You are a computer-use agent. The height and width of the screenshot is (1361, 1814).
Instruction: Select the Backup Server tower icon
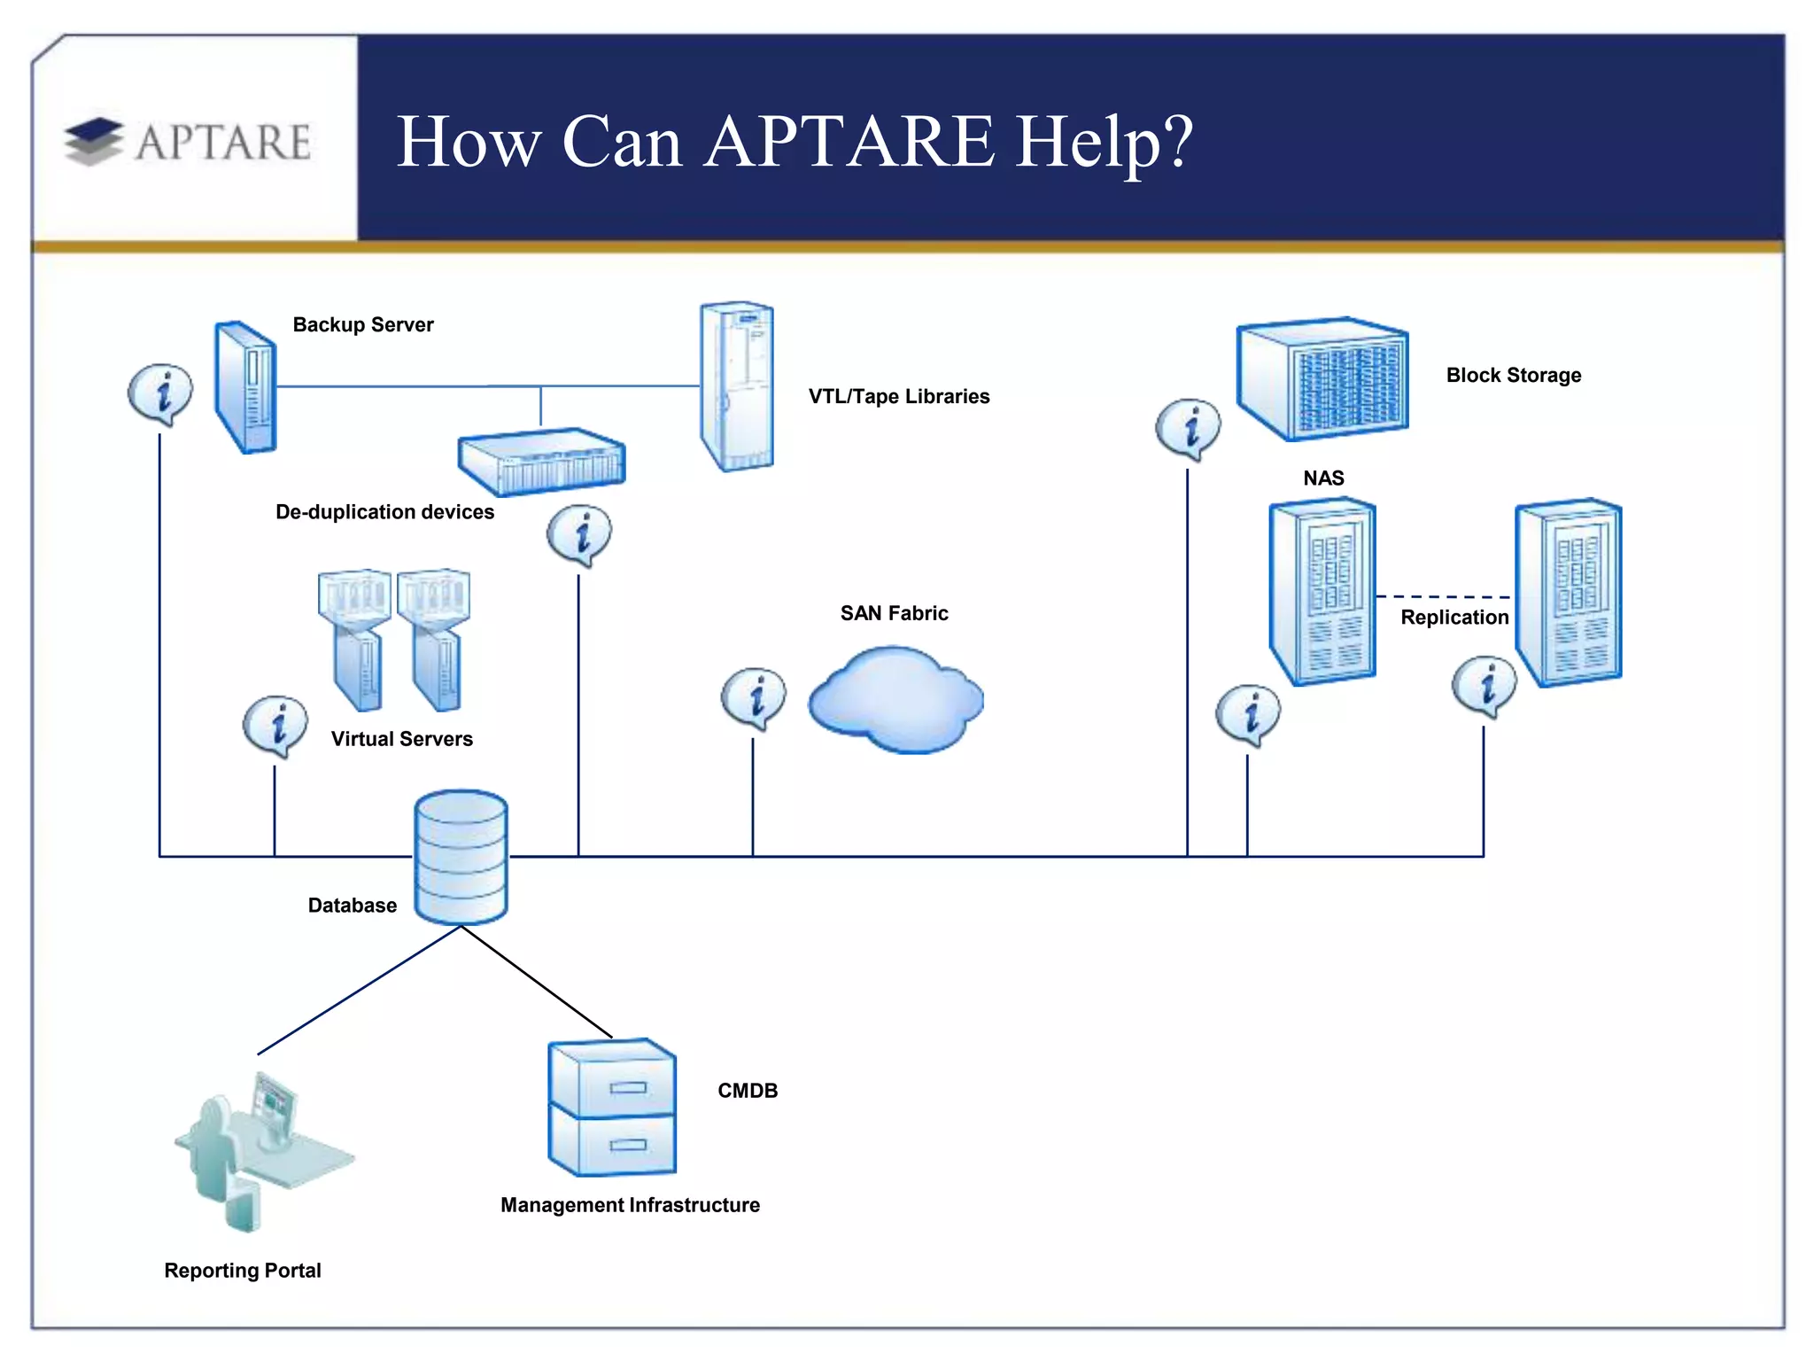point(245,387)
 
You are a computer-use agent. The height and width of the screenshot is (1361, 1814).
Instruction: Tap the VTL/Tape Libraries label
point(898,396)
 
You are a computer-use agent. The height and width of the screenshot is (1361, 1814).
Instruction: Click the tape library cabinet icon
point(737,386)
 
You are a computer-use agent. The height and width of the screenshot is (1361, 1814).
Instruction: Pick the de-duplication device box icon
point(541,462)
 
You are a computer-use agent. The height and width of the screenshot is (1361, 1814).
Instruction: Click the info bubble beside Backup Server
point(160,392)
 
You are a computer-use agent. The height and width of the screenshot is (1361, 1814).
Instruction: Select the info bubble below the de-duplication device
point(579,533)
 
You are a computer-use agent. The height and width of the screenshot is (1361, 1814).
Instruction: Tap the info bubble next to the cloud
point(754,696)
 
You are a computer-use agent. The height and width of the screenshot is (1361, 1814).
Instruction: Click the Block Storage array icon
point(1322,379)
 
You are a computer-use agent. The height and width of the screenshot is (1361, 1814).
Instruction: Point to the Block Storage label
point(1513,375)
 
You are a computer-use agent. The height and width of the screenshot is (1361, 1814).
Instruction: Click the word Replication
point(1454,618)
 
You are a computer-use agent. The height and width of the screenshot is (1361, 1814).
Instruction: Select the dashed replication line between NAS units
point(1444,596)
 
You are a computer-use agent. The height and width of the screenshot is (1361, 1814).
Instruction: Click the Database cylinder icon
point(461,857)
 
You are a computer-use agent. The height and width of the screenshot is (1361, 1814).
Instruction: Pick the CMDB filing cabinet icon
point(612,1108)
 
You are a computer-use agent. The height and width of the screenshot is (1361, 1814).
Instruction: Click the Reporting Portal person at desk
point(257,1151)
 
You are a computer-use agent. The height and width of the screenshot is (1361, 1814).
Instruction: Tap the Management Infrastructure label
point(630,1205)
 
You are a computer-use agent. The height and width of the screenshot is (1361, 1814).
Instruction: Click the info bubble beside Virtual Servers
point(276,724)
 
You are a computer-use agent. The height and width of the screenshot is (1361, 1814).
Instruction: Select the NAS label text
point(1323,478)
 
